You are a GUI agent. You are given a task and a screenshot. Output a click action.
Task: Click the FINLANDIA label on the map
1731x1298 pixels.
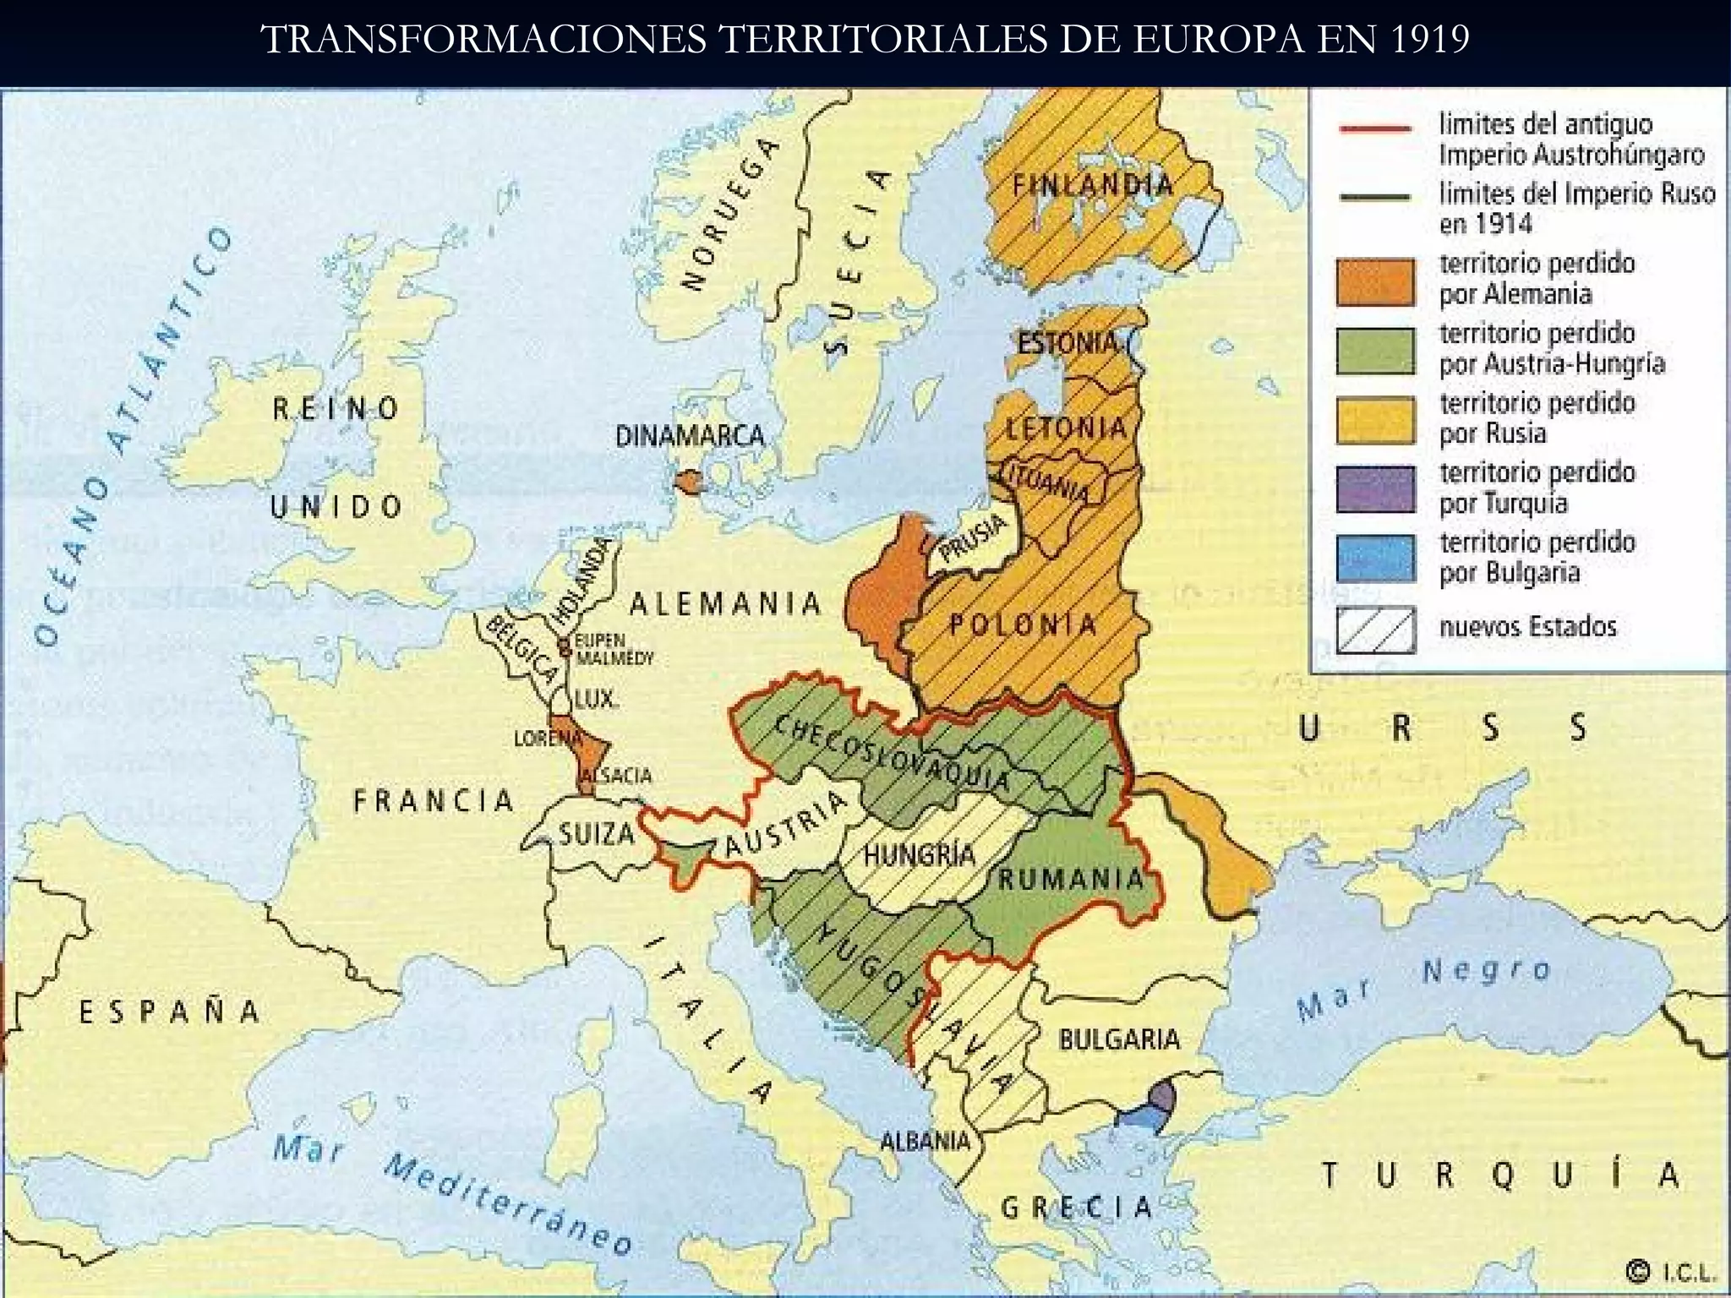pos(1093,185)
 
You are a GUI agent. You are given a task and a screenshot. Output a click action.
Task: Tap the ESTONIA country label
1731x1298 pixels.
pos(1067,343)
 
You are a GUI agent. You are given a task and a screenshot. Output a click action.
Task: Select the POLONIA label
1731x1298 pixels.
pos(1022,625)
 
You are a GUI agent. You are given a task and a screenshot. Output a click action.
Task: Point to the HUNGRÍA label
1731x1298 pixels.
pos(919,855)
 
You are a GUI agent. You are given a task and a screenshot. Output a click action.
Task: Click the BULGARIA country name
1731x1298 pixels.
pos(1119,1039)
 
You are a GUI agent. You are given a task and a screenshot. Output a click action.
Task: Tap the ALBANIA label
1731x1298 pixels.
pos(926,1141)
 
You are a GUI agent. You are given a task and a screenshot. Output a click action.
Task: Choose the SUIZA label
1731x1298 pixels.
pos(597,834)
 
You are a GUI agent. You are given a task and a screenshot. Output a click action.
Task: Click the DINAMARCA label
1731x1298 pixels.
pos(690,436)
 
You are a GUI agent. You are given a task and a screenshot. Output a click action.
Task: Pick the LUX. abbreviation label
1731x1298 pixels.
pos(597,699)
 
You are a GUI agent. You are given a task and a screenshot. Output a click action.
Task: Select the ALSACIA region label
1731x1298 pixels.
pos(616,776)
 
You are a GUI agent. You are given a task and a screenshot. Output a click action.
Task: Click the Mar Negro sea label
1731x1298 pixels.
pos(1424,987)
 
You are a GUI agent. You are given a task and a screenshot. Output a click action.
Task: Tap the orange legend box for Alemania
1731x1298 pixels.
pos(1375,281)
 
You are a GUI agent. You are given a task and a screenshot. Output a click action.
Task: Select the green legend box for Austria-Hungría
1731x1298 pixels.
pos(1375,351)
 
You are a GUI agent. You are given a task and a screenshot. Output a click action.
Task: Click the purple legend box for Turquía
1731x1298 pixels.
pos(1375,489)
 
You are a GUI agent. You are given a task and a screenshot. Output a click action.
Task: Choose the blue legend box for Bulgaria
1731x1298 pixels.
pos(1375,559)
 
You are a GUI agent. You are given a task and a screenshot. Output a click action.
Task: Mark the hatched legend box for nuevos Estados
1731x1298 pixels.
pos(1375,630)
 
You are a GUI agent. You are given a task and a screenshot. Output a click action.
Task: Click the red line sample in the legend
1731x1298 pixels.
pos(1375,129)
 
